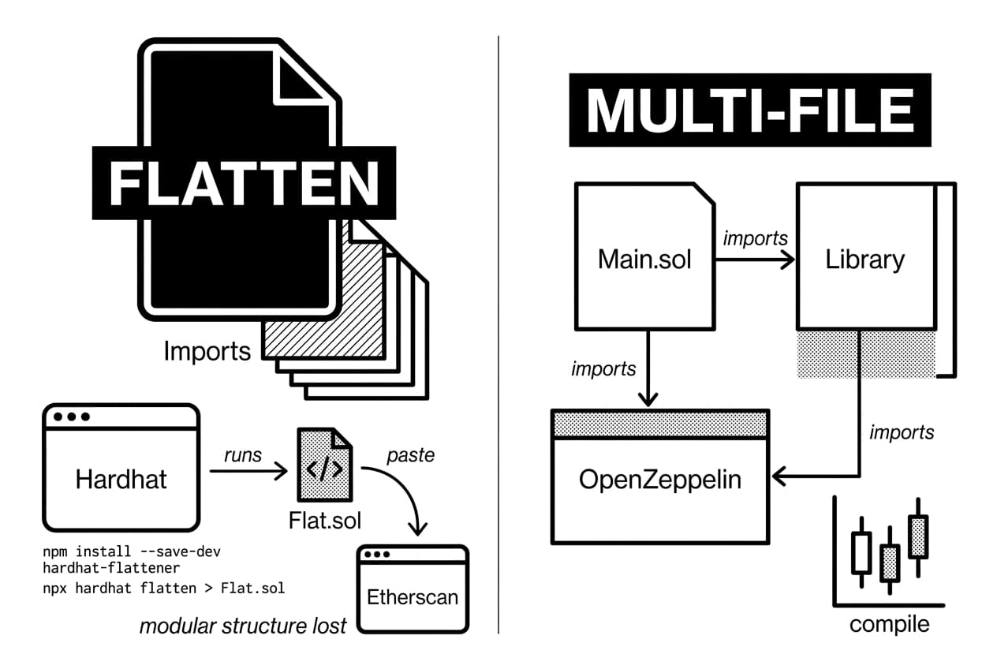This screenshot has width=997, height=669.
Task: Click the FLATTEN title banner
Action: (x=244, y=183)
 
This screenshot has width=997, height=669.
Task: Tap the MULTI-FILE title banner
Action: (x=749, y=110)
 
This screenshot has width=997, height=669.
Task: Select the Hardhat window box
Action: (x=121, y=478)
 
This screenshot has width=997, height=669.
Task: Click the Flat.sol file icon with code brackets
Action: (x=324, y=465)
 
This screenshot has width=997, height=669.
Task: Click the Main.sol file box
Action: (x=645, y=258)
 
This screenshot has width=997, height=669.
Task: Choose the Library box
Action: (x=865, y=258)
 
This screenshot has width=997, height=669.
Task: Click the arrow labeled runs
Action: (x=248, y=473)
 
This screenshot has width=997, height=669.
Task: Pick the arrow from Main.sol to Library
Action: (x=755, y=260)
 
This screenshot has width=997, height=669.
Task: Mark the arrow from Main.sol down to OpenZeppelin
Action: (x=648, y=368)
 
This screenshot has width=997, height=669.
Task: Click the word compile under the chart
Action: (x=889, y=624)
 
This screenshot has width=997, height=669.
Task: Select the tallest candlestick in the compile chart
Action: (x=917, y=536)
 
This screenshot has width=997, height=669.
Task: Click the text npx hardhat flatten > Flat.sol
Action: (x=164, y=588)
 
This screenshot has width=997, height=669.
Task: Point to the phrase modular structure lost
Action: (x=243, y=626)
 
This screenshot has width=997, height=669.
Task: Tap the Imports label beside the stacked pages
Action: (x=207, y=350)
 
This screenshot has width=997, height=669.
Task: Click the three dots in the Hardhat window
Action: (x=67, y=416)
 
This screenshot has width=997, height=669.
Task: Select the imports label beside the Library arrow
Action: (x=901, y=432)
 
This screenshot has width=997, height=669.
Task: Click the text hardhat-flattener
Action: (x=111, y=567)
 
